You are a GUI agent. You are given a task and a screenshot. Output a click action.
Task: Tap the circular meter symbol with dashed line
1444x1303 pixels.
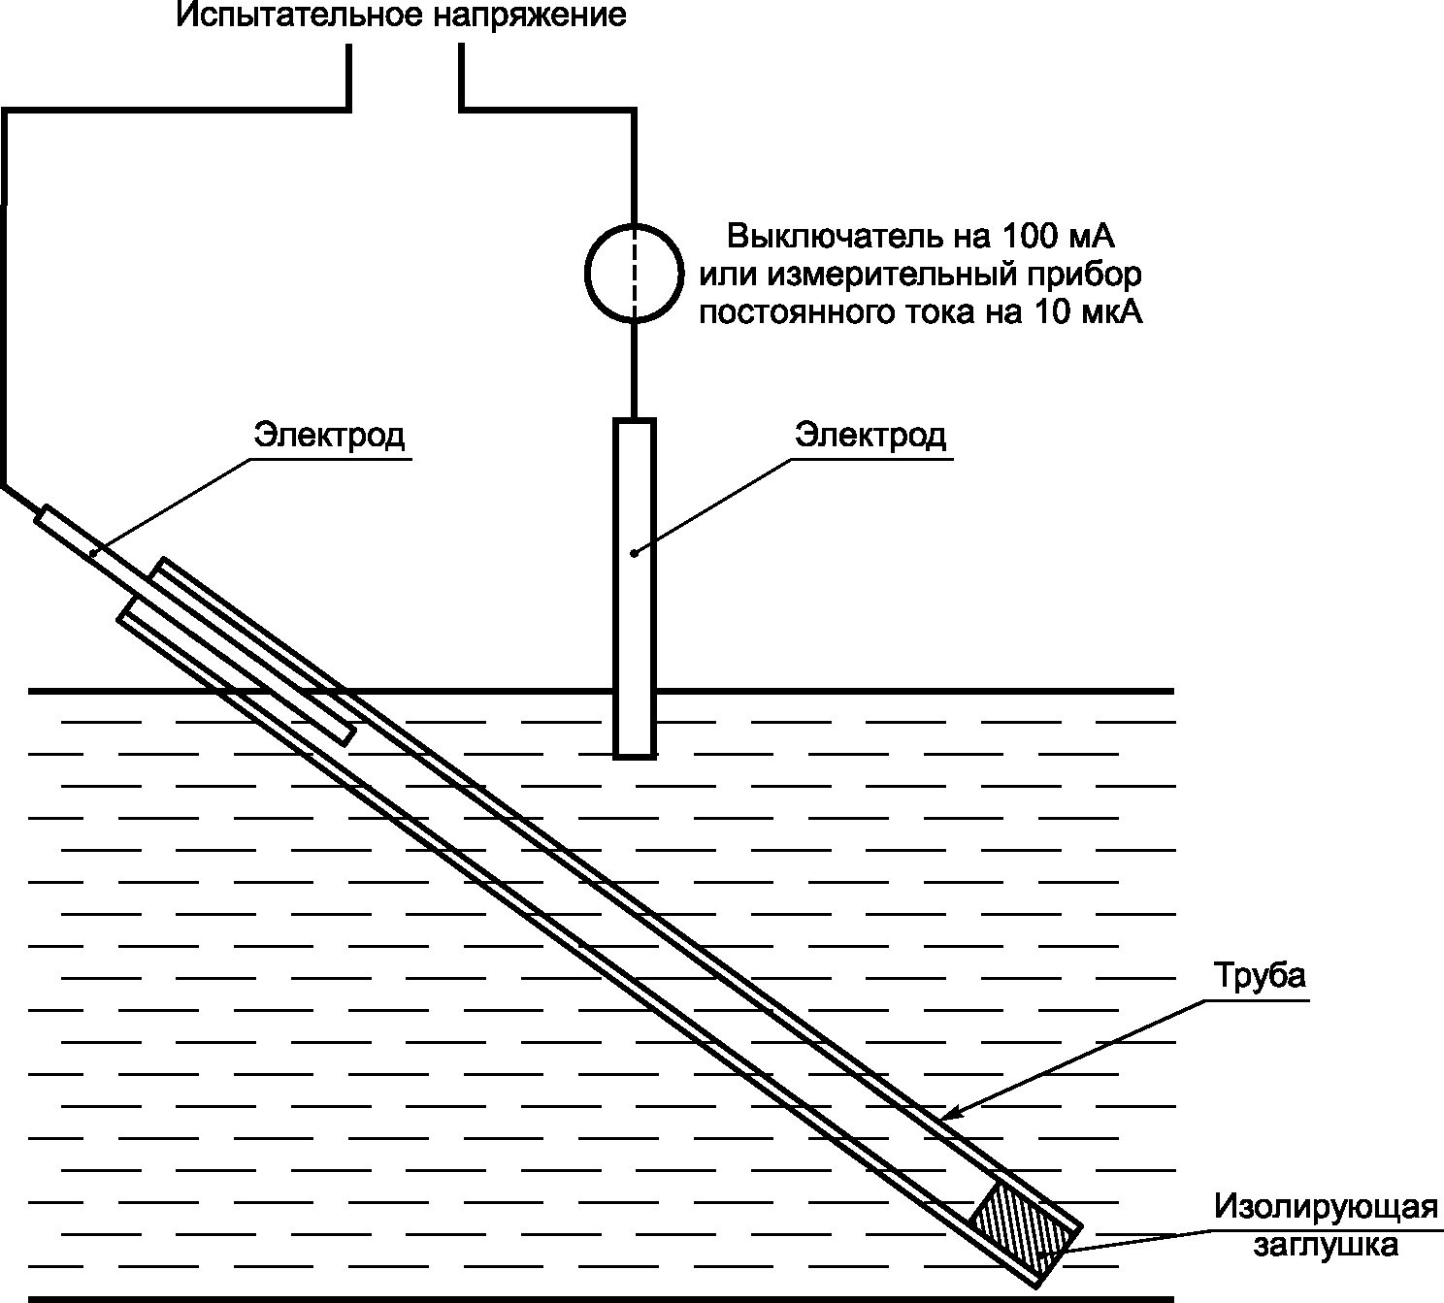tap(634, 273)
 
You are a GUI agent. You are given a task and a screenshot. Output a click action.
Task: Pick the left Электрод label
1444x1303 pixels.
tap(329, 435)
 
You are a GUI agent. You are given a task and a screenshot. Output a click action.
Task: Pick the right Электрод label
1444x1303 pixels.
tap(870, 435)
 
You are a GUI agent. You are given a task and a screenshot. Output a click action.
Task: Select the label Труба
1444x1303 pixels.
tap(1260, 975)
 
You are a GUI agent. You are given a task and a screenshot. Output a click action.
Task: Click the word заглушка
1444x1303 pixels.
tap(1326, 1245)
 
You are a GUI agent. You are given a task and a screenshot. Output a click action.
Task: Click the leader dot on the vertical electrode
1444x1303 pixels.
tap(634, 553)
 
